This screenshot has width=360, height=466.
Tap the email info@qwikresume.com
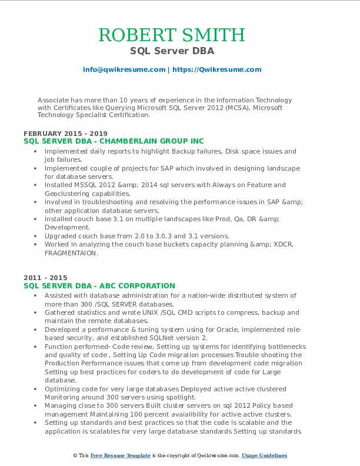pos(124,69)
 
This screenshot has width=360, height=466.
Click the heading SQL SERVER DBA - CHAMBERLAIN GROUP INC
pos(114,141)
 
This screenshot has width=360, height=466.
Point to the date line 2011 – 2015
pos(45,278)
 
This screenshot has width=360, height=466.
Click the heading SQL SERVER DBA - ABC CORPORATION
pos(99,285)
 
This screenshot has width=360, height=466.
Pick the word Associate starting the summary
pos(54,100)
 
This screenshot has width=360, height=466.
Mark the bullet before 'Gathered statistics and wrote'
pos(36,313)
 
